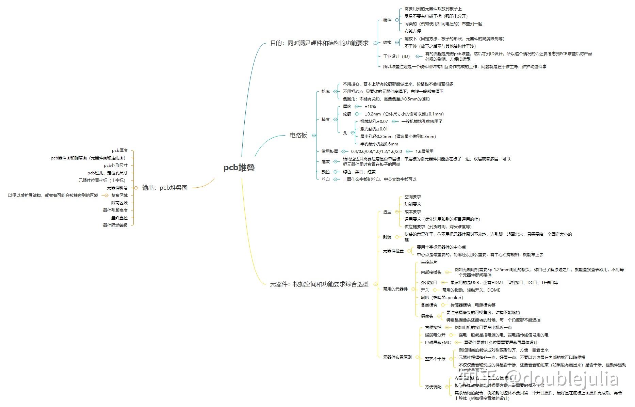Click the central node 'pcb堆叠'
pos(239,168)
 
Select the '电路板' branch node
pos(298,135)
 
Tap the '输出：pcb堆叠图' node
pos(165,188)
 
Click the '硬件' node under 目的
pos(387,20)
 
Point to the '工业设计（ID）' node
pos(396,56)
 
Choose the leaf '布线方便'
pos(412,31)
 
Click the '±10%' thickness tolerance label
pos(370,107)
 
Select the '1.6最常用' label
pos(424,152)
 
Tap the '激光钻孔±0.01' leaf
pos(374,129)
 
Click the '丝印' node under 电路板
pos(326,179)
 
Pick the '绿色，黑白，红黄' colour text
pos(359,172)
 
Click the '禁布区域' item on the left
pos(119,195)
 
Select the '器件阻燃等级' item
pos(115,225)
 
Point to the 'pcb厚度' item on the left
pos(120,151)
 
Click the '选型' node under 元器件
pos(387,212)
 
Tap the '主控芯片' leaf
pos(429,262)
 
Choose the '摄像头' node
pos(427,316)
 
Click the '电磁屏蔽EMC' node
pos(438,343)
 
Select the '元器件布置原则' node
pos(397,357)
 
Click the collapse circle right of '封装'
pos(397,237)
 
